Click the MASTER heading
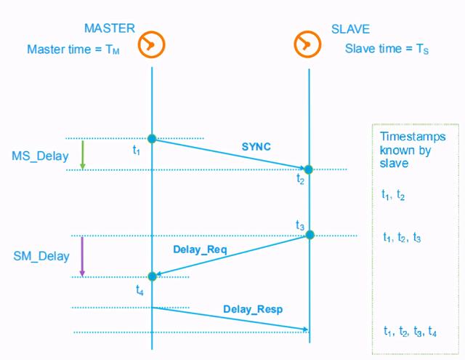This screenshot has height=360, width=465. coord(110,29)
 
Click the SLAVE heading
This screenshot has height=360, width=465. coord(350,30)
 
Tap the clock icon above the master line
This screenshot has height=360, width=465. coord(152,44)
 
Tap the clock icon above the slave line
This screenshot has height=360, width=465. coord(308,44)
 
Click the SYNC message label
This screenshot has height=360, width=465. coord(256,147)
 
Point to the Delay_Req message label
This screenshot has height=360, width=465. coord(201,250)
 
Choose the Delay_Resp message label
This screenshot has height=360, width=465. coord(253,309)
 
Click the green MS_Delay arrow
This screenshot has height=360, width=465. coord(82,154)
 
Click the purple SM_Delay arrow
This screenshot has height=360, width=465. coord(82,256)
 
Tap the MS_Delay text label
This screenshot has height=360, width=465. coord(41,156)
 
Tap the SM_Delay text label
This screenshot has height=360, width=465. coord(41,256)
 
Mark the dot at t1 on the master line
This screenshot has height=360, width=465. coord(152,138)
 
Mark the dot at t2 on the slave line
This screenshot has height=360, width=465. coord(308,169)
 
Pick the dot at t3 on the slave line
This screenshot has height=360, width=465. coord(310,235)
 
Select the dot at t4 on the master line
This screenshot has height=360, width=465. coord(152,276)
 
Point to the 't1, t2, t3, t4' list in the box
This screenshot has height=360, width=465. coord(411,332)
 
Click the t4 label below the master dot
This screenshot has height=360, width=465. coord(140,289)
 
